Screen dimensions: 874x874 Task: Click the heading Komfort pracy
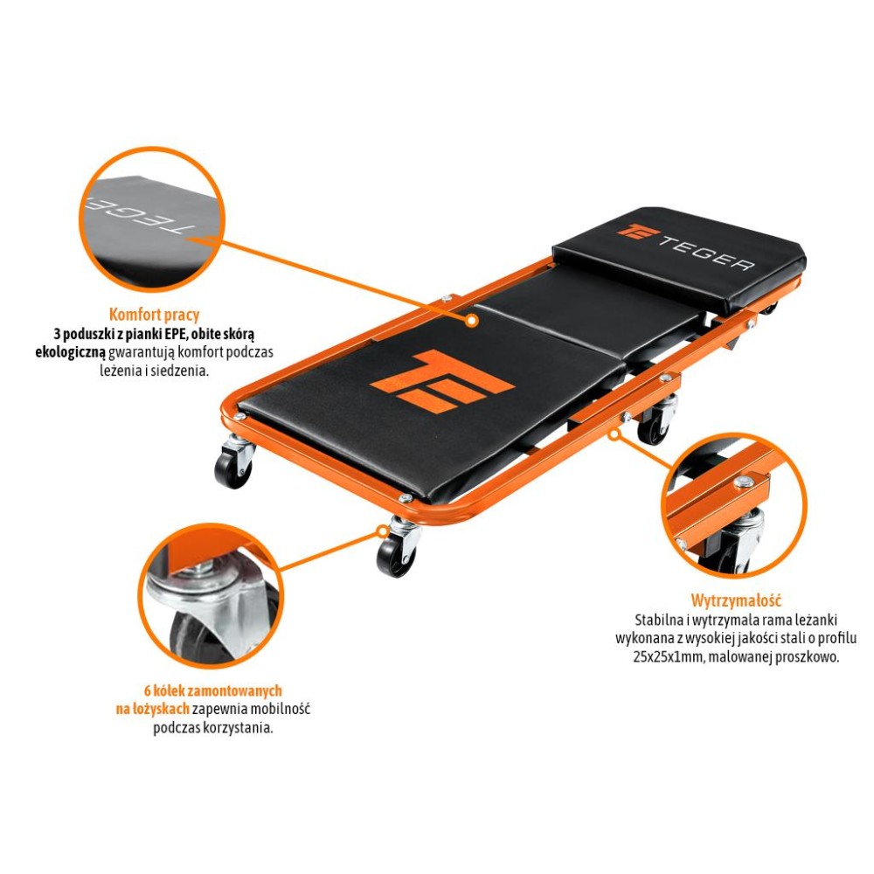tap(154, 315)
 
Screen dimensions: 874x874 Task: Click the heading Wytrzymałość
tap(736, 600)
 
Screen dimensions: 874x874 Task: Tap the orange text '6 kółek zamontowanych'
tap(213, 690)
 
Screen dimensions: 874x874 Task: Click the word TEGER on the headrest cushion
tap(707, 253)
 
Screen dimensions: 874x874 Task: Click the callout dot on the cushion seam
tap(472, 321)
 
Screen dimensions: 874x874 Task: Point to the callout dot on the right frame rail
tap(614, 434)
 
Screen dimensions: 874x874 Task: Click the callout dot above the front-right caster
tap(383, 531)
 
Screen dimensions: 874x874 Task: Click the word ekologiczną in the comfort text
tap(70, 352)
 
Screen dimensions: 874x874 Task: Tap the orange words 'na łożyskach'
tap(152, 709)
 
